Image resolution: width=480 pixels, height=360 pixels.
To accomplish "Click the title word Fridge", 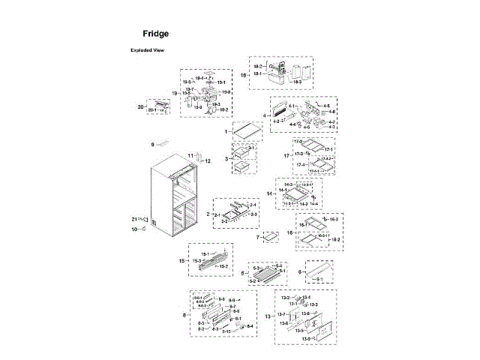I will tap(156, 34).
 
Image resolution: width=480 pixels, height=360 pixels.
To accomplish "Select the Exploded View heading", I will tap(148, 50).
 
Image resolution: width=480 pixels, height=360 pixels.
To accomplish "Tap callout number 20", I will tap(139, 107).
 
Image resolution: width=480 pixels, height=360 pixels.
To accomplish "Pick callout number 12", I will tap(208, 160).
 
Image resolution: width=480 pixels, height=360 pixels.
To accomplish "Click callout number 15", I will tap(182, 260).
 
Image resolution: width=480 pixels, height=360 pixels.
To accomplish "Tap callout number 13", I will tap(268, 316).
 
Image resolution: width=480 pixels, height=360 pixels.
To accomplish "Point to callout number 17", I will tap(286, 155).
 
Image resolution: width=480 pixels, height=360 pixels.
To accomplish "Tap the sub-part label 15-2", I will tap(223, 266).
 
